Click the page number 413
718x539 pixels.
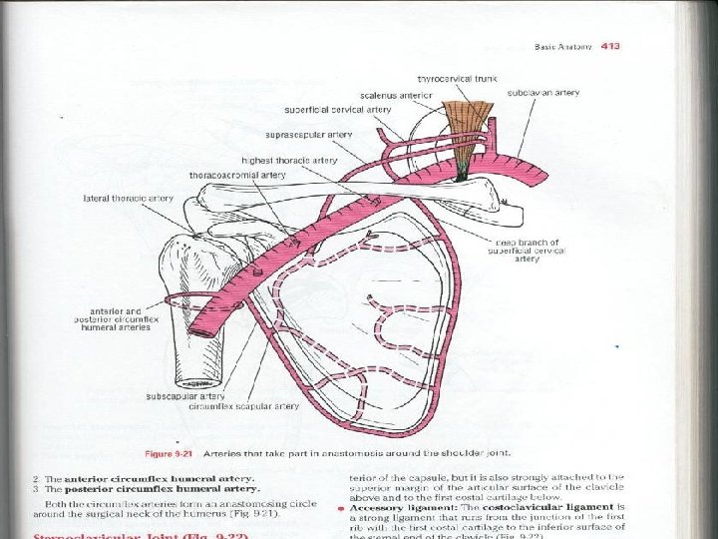[608, 46]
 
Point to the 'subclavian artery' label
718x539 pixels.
[542, 93]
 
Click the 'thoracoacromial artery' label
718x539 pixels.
[238, 175]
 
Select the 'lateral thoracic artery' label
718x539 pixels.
[129, 199]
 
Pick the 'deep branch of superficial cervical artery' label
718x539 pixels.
[530, 250]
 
